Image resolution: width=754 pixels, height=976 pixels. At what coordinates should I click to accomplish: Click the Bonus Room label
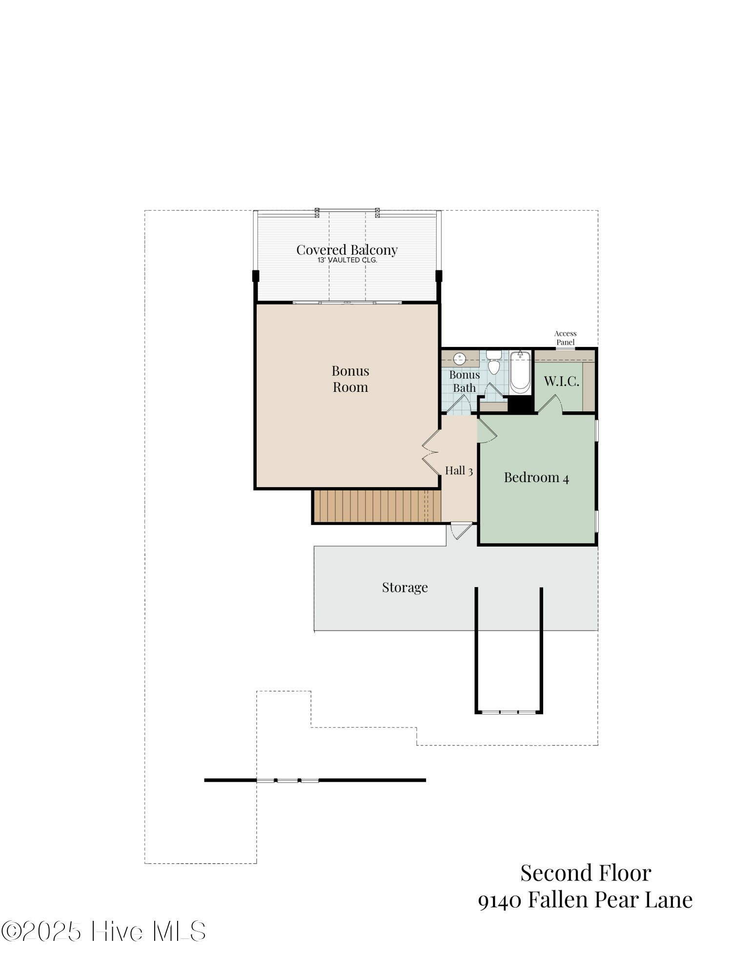(x=350, y=379)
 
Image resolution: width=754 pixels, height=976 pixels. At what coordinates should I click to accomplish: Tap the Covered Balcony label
(x=346, y=250)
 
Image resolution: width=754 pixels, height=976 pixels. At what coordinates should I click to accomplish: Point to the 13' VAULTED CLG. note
(x=347, y=261)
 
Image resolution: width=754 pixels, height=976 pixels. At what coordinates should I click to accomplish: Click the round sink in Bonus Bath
(x=459, y=359)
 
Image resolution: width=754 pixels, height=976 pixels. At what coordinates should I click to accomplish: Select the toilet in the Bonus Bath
(x=494, y=364)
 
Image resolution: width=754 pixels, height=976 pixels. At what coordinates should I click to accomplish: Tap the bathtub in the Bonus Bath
(x=520, y=373)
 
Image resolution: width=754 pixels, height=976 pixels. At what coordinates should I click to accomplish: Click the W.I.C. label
(x=561, y=381)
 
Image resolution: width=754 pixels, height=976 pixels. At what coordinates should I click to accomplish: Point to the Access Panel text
(x=565, y=338)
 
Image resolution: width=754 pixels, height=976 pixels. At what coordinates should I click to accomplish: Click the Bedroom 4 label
(x=536, y=477)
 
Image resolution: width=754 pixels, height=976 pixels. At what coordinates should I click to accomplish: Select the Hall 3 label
(x=458, y=471)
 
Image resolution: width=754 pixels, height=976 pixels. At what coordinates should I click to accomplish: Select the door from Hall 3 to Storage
(x=461, y=530)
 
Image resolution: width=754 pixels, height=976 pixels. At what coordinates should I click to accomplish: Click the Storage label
(x=405, y=587)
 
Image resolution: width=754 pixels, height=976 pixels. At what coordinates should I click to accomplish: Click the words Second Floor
(x=585, y=873)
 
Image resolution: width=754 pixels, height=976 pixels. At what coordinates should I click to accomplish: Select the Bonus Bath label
(x=464, y=381)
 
